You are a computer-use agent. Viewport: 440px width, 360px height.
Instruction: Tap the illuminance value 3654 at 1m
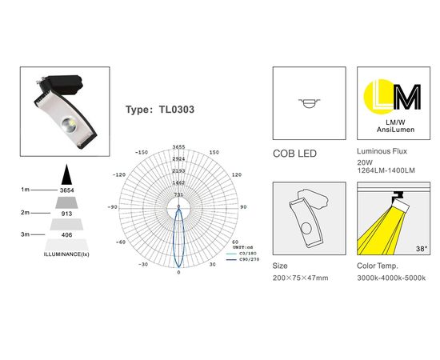coord(67,190)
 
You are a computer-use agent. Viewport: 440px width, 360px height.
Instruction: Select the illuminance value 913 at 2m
coord(67,214)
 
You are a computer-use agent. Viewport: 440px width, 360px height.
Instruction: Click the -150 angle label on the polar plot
coord(142,151)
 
